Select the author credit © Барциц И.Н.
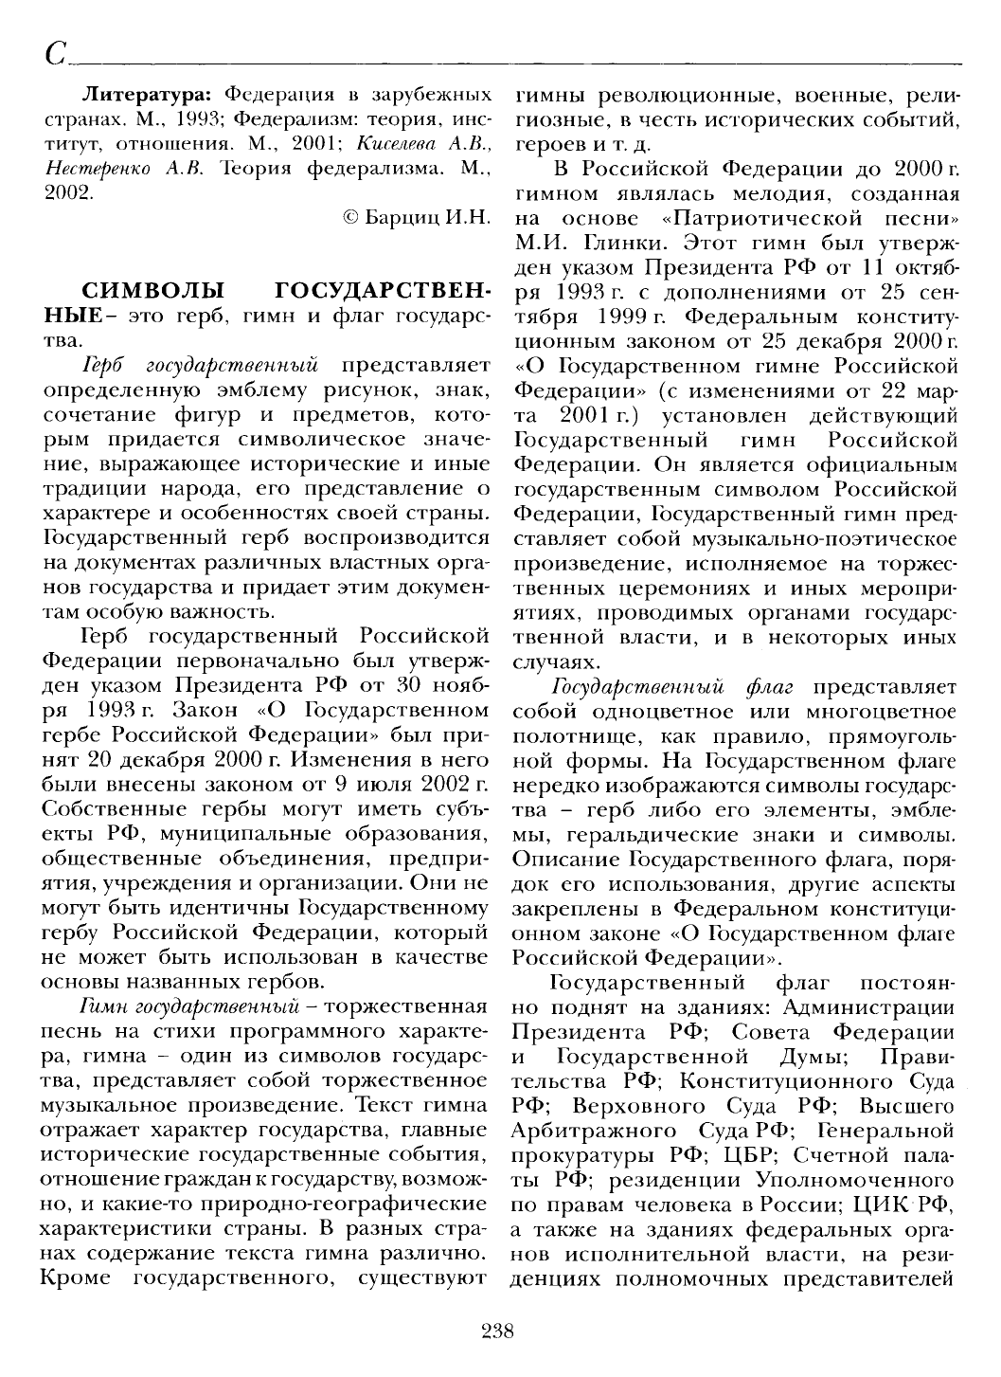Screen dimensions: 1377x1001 click(416, 217)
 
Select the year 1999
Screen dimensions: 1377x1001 click(599, 316)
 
